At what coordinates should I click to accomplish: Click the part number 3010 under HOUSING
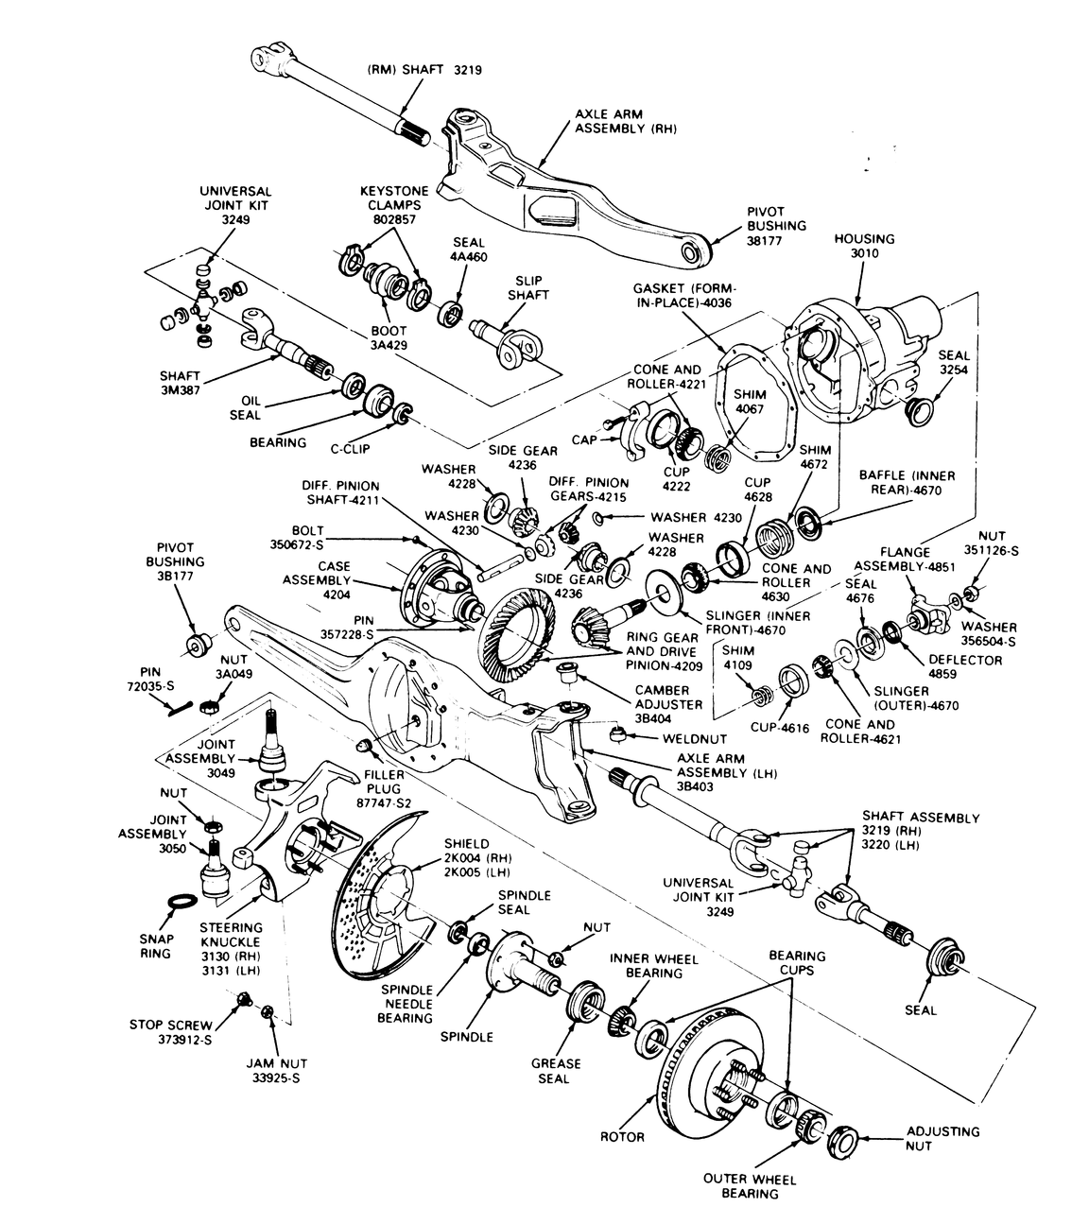point(864,254)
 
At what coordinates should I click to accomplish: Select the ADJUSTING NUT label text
point(942,1138)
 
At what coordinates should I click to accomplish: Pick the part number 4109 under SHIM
point(738,665)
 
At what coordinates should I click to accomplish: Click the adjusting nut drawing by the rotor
point(842,1140)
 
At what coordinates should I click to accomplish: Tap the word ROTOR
point(622,1136)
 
